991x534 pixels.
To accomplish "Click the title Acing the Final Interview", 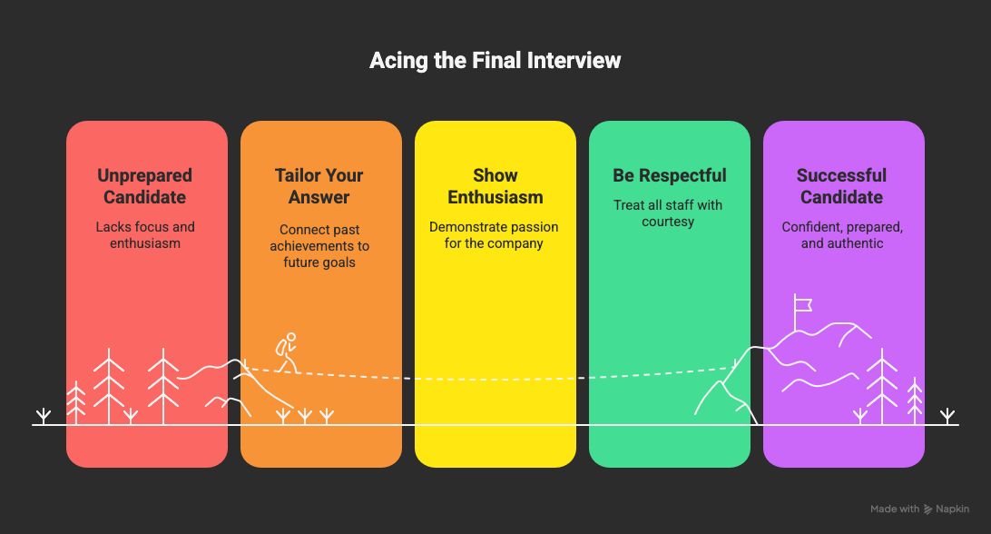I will (x=495, y=61).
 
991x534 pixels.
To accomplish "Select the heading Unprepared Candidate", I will (x=145, y=186).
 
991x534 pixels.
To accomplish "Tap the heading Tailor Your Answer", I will (x=319, y=186).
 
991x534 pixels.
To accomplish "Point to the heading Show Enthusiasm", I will (x=495, y=186).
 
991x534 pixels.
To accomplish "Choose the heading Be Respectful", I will (x=669, y=175).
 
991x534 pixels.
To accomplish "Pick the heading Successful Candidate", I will (x=842, y=186).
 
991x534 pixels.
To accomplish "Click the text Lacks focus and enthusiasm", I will (x=145, y=235).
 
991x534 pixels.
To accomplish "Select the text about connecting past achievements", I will (x=319, y=246).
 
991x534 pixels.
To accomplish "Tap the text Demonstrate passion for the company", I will (x=495, y=235).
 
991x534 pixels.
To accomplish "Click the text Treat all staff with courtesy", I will (x=669, y=213).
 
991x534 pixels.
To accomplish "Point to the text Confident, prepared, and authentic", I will (x=842, y=235).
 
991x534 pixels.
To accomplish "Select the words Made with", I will (x=895, y=509).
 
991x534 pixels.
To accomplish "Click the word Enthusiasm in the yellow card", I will (x=495, y=197).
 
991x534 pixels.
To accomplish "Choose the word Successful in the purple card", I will (x=842, y=175).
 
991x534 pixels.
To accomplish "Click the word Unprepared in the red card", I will (x=145, y=175).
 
